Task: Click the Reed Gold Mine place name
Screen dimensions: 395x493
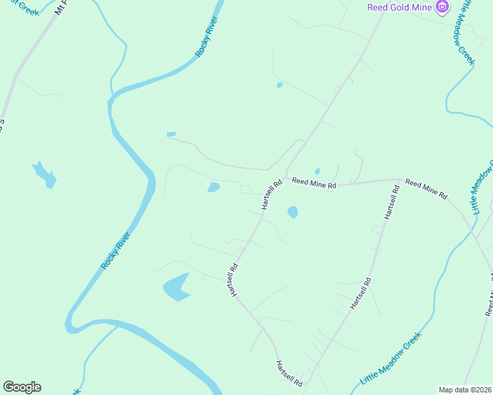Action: point(399,7)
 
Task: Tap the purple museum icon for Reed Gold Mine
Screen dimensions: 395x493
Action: point(442,7)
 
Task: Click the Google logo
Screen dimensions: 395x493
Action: point(22,387)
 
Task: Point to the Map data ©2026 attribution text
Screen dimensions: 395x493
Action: point(465,390)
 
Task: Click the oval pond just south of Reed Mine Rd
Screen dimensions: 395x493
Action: point(292,212)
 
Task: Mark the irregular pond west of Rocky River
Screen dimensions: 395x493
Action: point(45,174)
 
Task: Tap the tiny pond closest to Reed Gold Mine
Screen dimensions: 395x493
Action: point(280,85)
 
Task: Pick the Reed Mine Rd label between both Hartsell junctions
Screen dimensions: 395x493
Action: point(314,183)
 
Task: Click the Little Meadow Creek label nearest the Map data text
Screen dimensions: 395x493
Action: point(390,359)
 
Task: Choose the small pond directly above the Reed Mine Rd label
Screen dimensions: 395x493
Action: point(317,172)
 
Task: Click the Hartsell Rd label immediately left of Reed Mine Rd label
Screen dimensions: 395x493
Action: point(272,195)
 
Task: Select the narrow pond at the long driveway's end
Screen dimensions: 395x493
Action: point(171,134)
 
